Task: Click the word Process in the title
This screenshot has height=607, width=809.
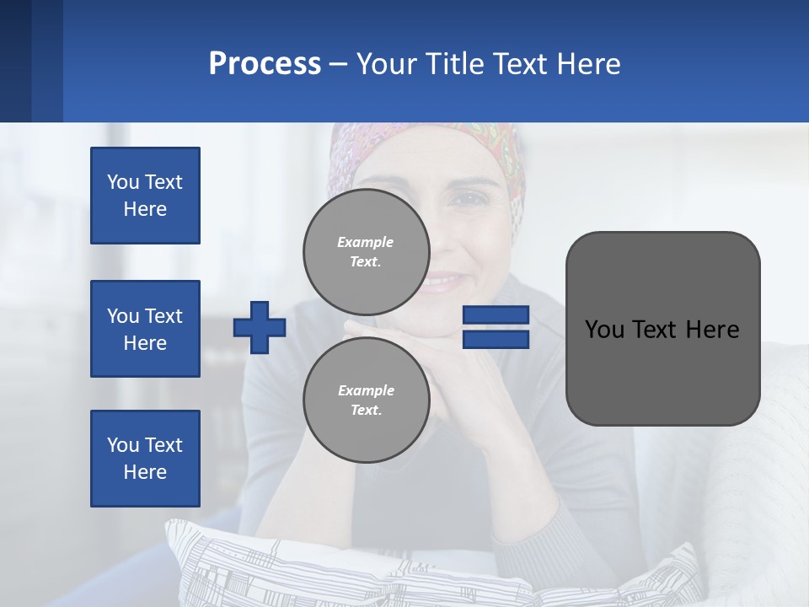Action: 265,64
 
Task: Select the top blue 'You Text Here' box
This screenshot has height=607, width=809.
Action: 145,196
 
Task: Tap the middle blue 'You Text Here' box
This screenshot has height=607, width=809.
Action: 145,329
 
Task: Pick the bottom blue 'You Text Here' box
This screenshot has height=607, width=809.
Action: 145,459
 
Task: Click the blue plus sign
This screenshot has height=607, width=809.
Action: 260,327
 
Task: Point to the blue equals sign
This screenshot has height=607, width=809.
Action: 496,327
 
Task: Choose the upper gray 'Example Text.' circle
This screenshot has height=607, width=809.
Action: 366,251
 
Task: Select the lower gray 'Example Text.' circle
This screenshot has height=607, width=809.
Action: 366,400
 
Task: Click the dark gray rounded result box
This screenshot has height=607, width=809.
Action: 662,329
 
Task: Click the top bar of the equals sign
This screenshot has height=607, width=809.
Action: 496,315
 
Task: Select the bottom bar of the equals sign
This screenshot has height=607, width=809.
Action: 496,339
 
